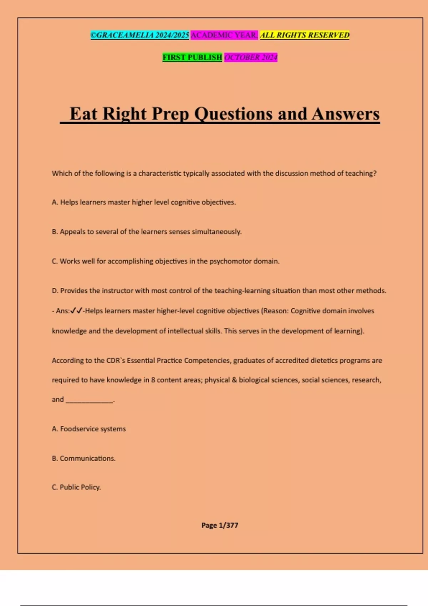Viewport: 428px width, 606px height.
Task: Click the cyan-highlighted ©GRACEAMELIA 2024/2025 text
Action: [x=140, y=35]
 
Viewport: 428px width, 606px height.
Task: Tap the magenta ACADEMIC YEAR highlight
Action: [x=224, y=35]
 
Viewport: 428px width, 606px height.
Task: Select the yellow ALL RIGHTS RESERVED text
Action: [x=305, y=35]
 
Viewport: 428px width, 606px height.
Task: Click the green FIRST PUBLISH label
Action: [x=192, y=57]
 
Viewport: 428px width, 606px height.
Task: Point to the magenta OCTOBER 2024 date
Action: [x=251, y=57]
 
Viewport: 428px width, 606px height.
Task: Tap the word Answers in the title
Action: [x=346, y=114]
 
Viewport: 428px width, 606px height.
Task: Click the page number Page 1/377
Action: [x=220, y=525]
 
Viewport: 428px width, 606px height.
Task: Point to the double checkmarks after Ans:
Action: [x=76, y=311]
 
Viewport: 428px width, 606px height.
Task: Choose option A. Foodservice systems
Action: [x=89, y=429]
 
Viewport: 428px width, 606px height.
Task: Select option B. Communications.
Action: [x=84, y=458]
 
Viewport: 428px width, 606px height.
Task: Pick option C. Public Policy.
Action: [x=76, y=487]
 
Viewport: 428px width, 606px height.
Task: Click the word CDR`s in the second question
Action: [x=116, y=360]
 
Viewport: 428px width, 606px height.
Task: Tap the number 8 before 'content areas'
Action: [x=153, y=380]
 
